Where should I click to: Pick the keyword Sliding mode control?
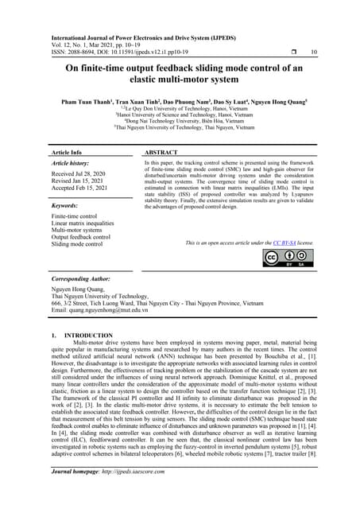tap(78, 244)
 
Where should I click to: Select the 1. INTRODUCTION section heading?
tap(83, 336)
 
